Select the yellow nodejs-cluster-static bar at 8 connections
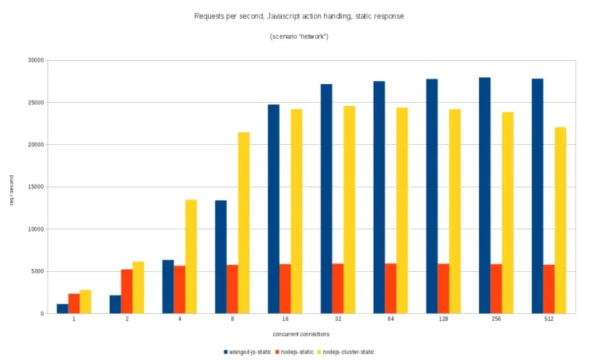point(244,223)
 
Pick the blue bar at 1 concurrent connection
point(62,309)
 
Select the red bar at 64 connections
point(390,288)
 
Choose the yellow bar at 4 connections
point(191,256)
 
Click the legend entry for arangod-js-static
point(248,351)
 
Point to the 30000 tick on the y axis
point(35,60)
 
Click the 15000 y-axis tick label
point(35,187)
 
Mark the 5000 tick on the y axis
point(37,271)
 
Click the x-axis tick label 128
point(443,320)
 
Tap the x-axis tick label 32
point(337,320)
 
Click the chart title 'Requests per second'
point(299,15)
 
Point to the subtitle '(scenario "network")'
point(299,37)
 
